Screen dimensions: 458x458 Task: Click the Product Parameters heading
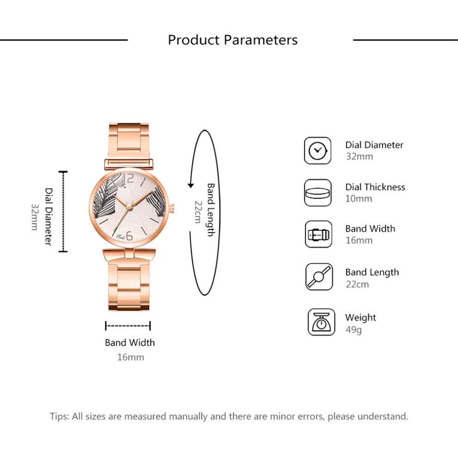coord(233,40)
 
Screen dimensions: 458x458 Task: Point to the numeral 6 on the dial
coord(129,236)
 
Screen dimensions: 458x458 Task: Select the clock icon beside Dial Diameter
coord(318,150)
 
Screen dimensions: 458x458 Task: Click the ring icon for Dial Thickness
coord(318,193)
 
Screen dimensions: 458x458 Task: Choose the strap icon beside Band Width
coord(318,235)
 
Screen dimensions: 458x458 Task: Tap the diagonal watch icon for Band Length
coord(319,277)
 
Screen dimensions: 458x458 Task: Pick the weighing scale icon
coord(321,322)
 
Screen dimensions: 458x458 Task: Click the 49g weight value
coord(353,330)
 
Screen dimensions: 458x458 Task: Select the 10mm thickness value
coord(359,199)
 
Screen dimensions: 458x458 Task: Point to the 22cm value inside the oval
coord(198,212)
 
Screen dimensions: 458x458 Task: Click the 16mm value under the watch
coord(130,357)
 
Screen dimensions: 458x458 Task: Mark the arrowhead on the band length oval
coord(190,186)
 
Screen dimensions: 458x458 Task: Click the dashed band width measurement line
coord(128,326)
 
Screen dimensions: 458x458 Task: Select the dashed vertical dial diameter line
coord(63,211)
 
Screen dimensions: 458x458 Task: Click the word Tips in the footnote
coord(59,416)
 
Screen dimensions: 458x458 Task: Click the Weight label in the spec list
coord(360,318)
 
